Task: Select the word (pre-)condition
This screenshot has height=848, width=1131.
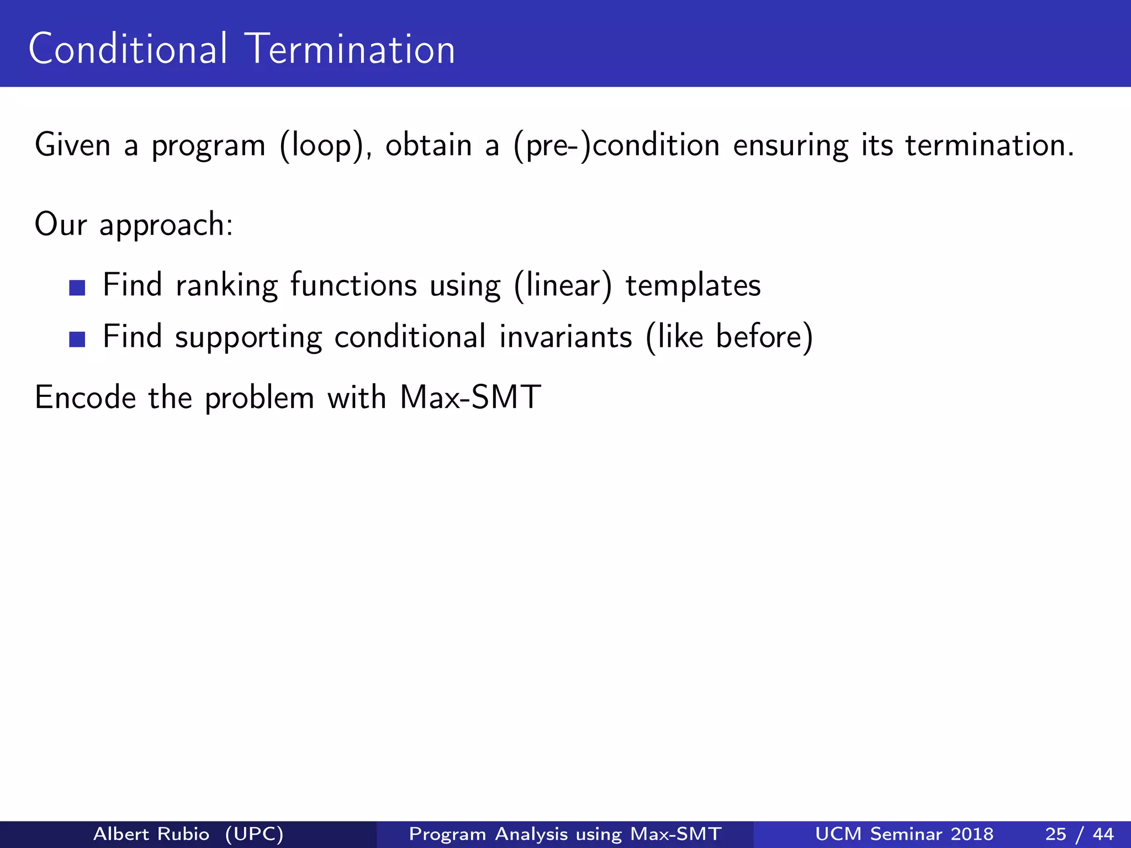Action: (616, 146)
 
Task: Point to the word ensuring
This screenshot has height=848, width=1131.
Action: (790, 146)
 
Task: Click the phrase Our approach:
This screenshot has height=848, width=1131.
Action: (134, 225)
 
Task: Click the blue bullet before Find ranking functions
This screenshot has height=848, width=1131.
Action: (77, 288)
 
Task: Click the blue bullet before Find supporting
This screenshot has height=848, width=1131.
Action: (77, 339)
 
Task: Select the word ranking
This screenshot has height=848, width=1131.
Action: (226, 286)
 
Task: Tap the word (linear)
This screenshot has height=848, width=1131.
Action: (563, 286)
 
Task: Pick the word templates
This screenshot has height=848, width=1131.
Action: (693, 286)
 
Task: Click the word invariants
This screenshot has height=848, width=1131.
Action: (565, 337)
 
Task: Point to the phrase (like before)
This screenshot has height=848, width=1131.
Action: (729, 337)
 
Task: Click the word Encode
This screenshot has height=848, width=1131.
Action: (85, 397)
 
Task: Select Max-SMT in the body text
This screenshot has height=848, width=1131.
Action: (470, 397)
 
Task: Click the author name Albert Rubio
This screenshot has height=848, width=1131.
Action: (151, 834)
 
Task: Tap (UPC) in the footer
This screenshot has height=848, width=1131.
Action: (255, 834)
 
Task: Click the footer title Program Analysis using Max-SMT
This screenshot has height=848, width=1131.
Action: (565, 834)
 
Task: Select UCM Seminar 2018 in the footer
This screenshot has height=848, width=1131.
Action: (904, 834)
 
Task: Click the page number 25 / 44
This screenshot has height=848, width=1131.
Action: (1079, 834)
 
